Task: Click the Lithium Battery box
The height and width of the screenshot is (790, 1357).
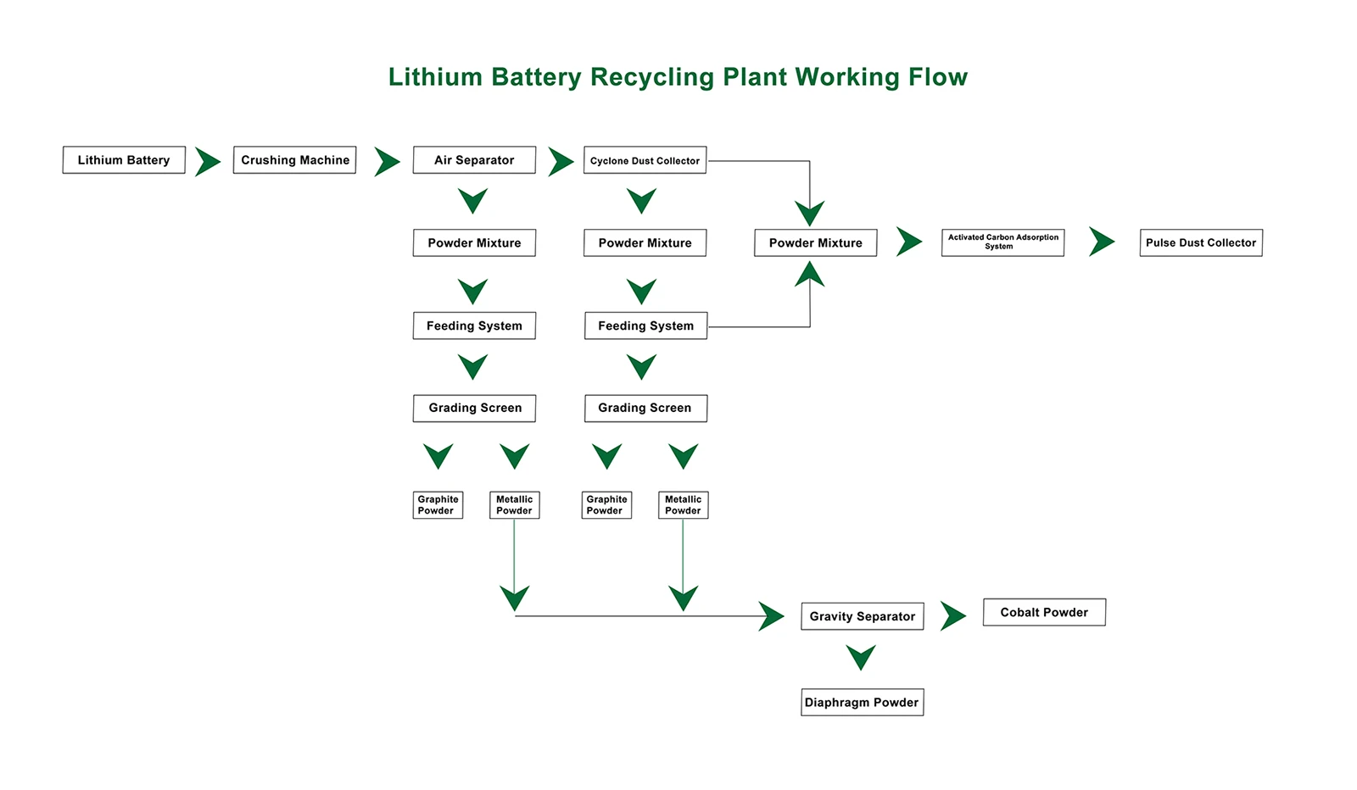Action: coord(124,160)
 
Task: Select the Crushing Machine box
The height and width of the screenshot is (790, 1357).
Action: coord(294,160)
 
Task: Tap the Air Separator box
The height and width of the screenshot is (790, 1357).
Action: coord(474,160)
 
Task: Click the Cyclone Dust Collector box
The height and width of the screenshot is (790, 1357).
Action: coord(645,160)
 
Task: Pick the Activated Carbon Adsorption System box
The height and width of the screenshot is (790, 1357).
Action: coord(1002,242)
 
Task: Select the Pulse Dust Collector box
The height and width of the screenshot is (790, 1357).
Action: coord(1200,242)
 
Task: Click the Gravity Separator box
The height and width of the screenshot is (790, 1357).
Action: coord(862,616)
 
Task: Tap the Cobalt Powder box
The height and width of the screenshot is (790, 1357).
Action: coord(1043,612)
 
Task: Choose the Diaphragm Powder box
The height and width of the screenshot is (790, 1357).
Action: coord(862,702)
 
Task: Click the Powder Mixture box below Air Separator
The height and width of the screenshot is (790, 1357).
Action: coord(474,242)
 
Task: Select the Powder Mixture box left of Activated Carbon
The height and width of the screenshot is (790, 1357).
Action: coord(815,242)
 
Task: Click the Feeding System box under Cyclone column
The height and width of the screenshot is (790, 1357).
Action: coord(645,325)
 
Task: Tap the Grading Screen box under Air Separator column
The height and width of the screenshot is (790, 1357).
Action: coord(474,408)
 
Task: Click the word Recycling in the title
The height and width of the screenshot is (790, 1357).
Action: coord(652,77)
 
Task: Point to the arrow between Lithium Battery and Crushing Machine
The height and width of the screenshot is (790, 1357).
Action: coord(207,161)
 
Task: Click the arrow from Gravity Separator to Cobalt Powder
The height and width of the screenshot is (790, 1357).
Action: coord(952,616)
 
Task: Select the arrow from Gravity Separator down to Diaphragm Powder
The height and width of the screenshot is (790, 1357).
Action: coord(861,657)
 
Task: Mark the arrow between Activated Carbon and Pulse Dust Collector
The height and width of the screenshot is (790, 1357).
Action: coord(1101,242)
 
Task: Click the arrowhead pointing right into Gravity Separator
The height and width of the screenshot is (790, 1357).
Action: coord(770,616)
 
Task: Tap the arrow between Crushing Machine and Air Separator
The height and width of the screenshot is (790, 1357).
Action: coord(386,161)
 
